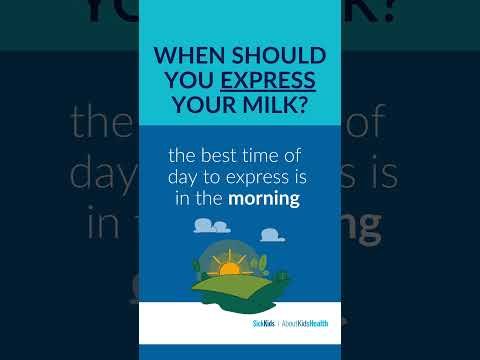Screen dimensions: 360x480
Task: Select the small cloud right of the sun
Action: point(271,236)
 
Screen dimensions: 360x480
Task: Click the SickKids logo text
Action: point(264,322)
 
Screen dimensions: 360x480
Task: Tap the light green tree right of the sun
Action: point(262,264)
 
